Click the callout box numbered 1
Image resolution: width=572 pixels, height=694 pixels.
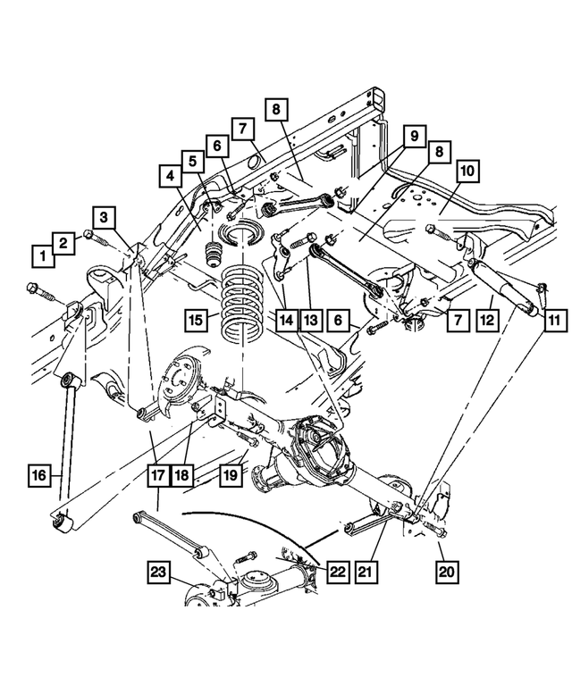pyautogui.click(x=40, y=256)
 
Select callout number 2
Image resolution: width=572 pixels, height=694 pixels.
pyautogui.click(x=63, y=242)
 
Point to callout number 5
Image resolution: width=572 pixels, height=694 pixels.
pyautogui.click(x=191, y=162)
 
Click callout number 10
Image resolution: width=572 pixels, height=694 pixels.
pyautogui.click(x=467, y=171)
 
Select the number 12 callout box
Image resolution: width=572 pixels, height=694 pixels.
pyautogui.click(x=486, y=319)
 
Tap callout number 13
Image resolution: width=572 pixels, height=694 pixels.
pyautogui.click(x=310, y=319)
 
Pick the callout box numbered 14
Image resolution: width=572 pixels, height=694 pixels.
pyautogui.click(x=286, y=319)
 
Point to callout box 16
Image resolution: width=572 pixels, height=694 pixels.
pyautogui.click(x=40, y=478)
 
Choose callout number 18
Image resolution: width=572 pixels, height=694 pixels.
pyautogui.click(x=182, y=478)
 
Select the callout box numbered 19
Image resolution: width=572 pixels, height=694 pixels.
pyautogui.click(x=230, y=478)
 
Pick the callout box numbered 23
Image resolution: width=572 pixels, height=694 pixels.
pyautogui.click(x=158, y=573)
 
